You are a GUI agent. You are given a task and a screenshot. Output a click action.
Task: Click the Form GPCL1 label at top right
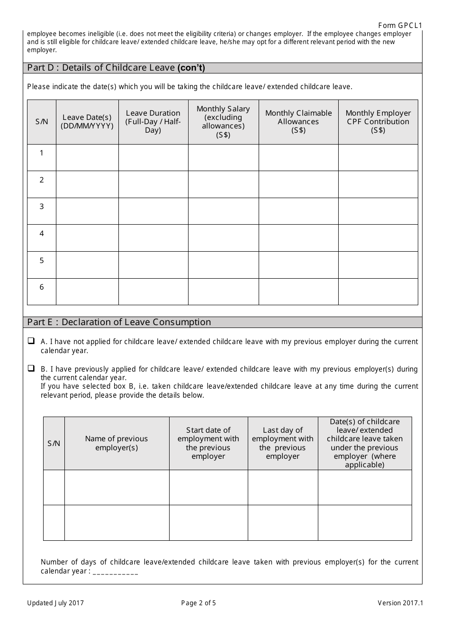(x=400, y=26)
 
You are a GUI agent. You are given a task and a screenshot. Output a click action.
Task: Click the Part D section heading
(x=116, y=68)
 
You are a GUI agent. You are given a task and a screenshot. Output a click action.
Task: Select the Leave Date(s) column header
(x=87, y=122)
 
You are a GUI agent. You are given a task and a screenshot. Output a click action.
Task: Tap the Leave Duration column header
(x=153, y=122)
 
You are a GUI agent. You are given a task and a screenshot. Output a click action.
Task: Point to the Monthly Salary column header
(x=223, y=122)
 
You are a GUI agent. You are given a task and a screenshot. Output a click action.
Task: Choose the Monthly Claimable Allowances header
(x=298, y=122)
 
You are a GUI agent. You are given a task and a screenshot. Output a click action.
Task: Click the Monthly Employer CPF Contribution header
(x=378, y=122)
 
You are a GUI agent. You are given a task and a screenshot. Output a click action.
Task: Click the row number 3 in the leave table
(x=42, y=207)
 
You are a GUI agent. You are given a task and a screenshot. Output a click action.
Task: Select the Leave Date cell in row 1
(x=87, y=157)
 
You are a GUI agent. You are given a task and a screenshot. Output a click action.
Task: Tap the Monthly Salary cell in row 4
(x=223, y=237)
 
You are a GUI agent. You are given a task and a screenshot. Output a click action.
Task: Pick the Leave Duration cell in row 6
(x=153, y=291)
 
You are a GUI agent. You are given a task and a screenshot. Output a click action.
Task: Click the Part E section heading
(x=119, y=322)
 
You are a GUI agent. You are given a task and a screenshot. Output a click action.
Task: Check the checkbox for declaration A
(x=31, y=341)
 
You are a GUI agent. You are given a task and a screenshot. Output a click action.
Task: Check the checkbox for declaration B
(x=31, y=368)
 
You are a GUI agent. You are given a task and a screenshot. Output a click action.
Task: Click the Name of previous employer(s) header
(x=117, y=443)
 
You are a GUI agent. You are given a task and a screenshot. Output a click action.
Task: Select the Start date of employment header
(x=208, y=443)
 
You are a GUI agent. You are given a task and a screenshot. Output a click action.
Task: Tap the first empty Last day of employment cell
(x=282, y=487)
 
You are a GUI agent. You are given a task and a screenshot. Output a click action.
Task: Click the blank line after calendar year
(x=116, y=572)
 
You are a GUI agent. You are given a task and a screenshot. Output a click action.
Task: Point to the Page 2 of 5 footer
(x=198, y=603)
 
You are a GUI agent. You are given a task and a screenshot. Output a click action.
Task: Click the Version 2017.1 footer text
(x=400, y=603)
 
